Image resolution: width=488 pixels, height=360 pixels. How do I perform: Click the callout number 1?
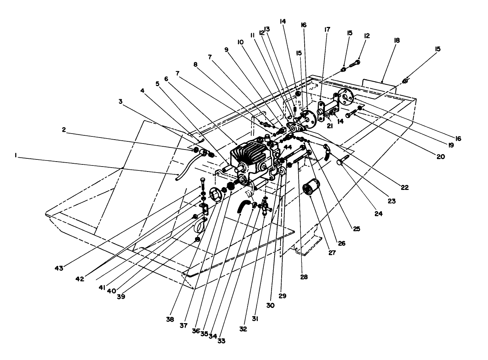(x=16, y=155)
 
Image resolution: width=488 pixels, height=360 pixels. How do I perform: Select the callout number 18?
(x=396, y=40)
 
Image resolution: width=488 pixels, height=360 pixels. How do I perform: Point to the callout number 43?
(x=59, y=268)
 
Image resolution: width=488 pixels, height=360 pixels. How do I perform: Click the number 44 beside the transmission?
(x=288, y=147)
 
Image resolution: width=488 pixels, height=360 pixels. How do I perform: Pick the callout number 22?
(x=405, y=187)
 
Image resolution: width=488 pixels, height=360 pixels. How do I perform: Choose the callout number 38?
(x=170, y=319)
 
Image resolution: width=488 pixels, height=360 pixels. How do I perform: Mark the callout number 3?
(x=121, y=101)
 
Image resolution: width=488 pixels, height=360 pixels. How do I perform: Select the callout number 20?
(x=440, y=156)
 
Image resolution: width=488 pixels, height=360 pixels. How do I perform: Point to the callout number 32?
(x=243, y=329)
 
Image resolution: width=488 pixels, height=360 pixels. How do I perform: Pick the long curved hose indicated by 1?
(x=184, y=167)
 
